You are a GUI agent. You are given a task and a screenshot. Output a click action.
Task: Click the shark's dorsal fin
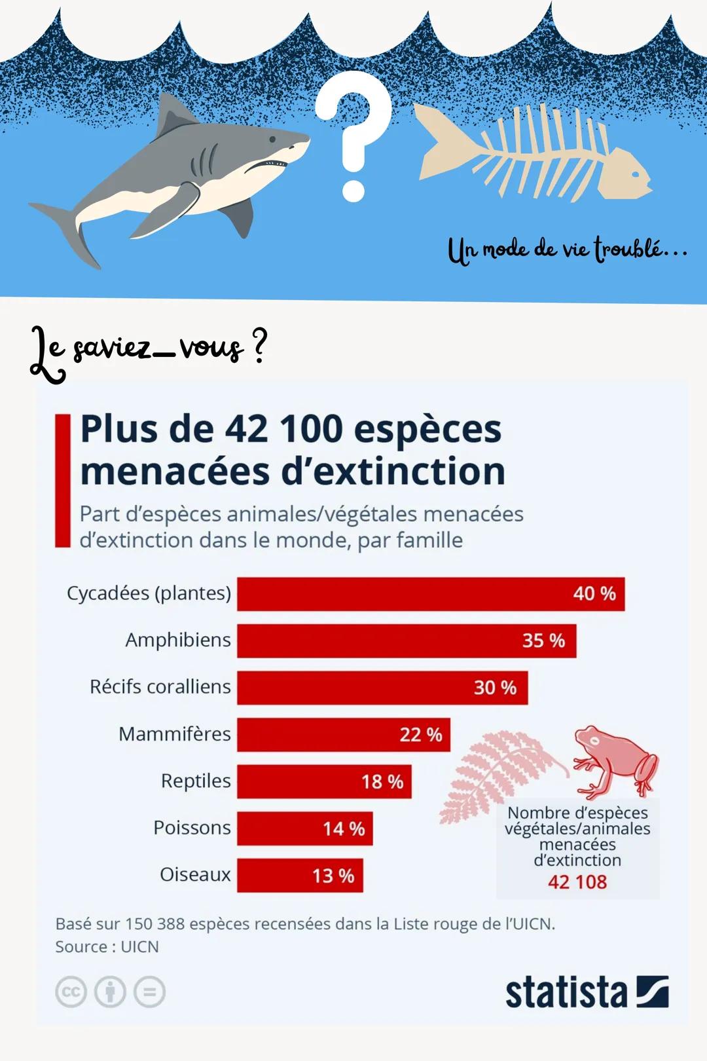coord(173,115)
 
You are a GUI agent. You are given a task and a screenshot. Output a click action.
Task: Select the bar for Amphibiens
coord(406,641)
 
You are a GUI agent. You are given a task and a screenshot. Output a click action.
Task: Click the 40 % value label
coord(594,594)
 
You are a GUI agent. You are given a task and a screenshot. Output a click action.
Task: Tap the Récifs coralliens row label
coord(160,687)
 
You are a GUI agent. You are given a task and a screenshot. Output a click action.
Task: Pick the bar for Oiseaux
coord(299,876)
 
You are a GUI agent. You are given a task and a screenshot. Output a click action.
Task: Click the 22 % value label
coord(421,735)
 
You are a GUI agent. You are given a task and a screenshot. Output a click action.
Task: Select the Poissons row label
coord(192,828)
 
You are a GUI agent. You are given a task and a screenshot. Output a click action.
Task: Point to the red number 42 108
coord(577,882)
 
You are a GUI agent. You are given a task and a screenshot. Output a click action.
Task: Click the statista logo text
coord(566,992)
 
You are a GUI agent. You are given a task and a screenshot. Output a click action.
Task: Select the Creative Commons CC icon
coord(71,992)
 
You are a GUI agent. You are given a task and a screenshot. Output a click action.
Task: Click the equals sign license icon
coord(149,992)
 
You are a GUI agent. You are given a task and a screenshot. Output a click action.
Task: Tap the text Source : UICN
coord(107,947)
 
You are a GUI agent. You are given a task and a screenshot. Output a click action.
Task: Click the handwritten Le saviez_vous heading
coord(147,350)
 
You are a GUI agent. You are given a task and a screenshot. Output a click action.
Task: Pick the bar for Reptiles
coord(324,781)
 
